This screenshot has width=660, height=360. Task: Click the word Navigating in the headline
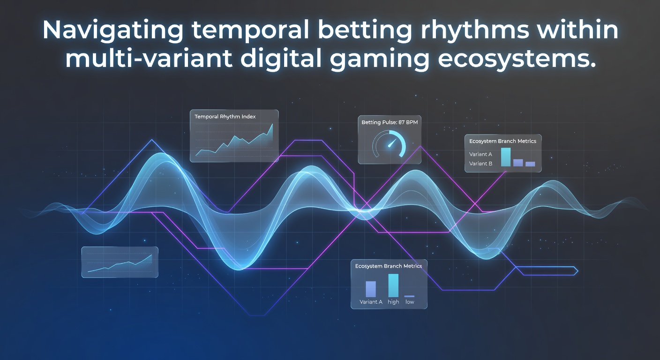point(113,30)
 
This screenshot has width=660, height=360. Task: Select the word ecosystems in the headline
point(517,59)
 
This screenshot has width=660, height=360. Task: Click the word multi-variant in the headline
point(149,59)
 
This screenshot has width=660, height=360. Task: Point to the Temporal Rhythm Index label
point(225,117)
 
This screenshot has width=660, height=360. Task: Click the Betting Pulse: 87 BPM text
point(390,122)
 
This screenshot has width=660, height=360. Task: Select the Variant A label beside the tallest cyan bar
point(480,154)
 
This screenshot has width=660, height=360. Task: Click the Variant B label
point(480,164)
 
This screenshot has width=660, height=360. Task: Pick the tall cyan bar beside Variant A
point(506,157)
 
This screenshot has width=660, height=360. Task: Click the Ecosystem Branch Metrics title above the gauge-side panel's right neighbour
point(502,141)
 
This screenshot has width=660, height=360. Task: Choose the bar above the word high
point(393,285)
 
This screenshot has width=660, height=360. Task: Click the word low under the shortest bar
point(410,302)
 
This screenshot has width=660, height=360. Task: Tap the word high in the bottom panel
point(393,302)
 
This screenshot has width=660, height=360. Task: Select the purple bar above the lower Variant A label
point(371,289)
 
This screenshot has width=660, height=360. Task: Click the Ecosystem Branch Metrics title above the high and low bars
point(388,266)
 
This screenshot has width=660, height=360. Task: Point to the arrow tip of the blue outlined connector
point(578,271)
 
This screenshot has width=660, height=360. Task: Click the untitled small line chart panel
point(120,262)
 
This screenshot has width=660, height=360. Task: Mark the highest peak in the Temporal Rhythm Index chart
point(272,124)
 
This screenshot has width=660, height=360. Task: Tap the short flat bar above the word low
point(409,296)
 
